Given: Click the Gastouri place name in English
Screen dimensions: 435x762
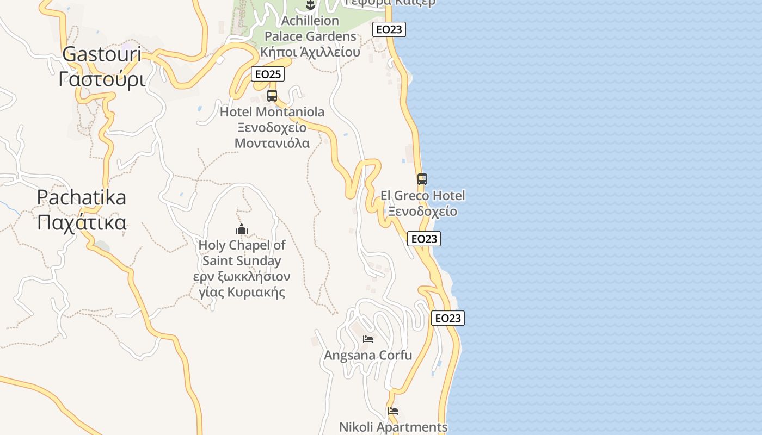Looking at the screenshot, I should tap(102, 54).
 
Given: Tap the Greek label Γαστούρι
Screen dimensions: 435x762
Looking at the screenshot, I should tap(102, 79).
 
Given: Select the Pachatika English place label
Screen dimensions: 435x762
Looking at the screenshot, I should tap(82, 197).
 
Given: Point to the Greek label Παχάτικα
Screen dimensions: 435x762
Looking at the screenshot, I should tap(82, 222).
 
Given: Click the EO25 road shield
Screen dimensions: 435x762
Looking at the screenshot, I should tap(268, 74).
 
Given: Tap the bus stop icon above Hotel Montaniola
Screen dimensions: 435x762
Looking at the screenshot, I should tap(272, 96).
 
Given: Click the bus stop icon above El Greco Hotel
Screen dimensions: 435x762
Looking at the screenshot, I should tap(422, 179).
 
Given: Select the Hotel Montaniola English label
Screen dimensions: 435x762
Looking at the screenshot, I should tap(272, 112).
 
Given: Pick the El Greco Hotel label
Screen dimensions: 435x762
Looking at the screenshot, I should tap(422, 196).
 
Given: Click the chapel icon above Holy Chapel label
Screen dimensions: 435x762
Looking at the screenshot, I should tap(242, 229).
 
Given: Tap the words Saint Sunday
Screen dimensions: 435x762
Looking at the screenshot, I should tap(242, 261).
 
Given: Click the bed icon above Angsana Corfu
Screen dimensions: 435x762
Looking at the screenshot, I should tap(368, 339).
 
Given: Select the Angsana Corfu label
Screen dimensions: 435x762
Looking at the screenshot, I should tap(368, 356).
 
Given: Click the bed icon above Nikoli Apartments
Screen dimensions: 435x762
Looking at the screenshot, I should tap(393, 411).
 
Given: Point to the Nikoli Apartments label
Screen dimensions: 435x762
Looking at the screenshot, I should tap(393, 427).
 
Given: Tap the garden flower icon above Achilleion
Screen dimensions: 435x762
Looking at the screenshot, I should tap(310, 5).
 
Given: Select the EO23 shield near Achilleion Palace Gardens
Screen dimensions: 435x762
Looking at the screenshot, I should tap(389, 29).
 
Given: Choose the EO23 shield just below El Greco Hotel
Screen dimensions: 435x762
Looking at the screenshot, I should tap(423, 239).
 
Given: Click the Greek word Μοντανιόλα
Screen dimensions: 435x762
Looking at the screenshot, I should tap(272, 144).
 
